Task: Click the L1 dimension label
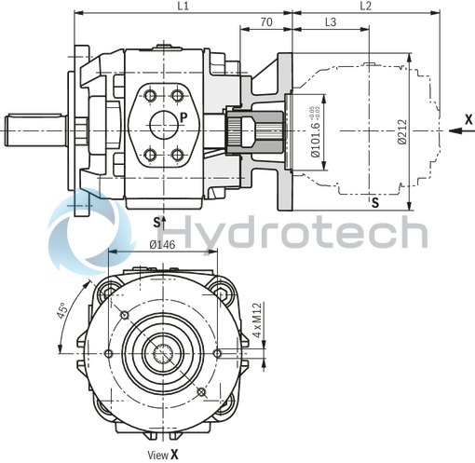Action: (183, 7)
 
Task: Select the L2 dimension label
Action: (365, 7)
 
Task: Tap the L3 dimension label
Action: (331, 21)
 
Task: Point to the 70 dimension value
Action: (266, 21)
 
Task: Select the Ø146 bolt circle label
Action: (162, 247)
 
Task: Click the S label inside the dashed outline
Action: (375, 201)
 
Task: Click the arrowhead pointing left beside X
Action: (453, 131)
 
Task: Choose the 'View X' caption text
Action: (162, 454)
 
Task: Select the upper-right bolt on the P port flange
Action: (177, 95)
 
